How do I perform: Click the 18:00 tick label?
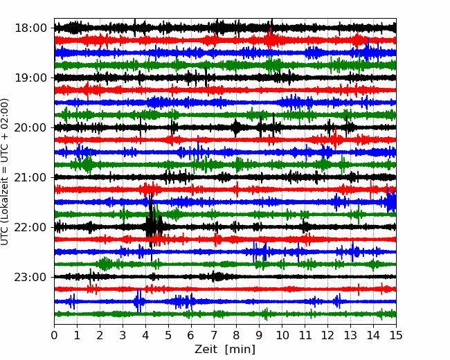click(x=30, y=28)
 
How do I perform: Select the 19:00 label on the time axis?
click(x=30, y=78)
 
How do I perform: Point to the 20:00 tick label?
click(x=30, y=127)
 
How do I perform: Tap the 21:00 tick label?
click(x=30, y=177)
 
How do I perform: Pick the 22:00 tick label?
click(x=30, y=227)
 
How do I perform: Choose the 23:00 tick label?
click(x=30, y=277)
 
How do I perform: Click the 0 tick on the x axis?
click(x=54, y=335)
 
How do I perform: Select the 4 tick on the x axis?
click(x=145, y=335)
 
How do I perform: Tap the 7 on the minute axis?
click(x=214, y=335)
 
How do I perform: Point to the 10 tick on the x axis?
click(x=282, y=335)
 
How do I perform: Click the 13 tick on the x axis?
click(x=350, y=335)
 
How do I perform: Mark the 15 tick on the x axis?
click(x=396, y=335)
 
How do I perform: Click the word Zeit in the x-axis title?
click(x=207, y=350)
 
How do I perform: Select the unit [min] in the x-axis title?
click(x=240, y=350)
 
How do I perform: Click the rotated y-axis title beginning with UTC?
click(x=5, y=172)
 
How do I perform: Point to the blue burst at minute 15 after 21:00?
click(x=391, y=202)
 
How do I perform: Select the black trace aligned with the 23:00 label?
click(x=225, y=277)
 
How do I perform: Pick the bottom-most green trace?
click(x=225, y=314)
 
